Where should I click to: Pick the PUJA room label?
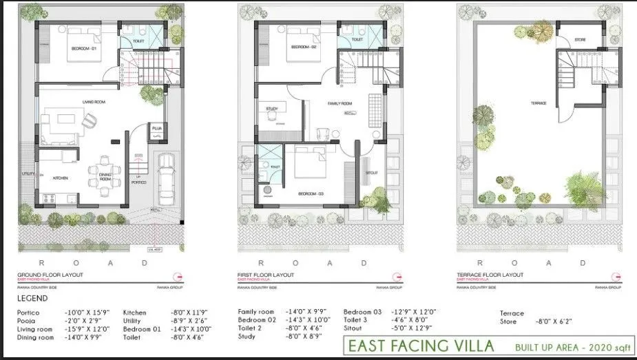point(156,128)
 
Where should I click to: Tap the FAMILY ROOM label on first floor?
point(340,103)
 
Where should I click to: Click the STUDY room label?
point(271,109)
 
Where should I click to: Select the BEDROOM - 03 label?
point(311,195)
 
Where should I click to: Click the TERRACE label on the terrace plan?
point(538,103)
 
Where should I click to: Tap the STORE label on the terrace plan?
point(581,41)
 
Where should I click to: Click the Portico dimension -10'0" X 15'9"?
point(83,313)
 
